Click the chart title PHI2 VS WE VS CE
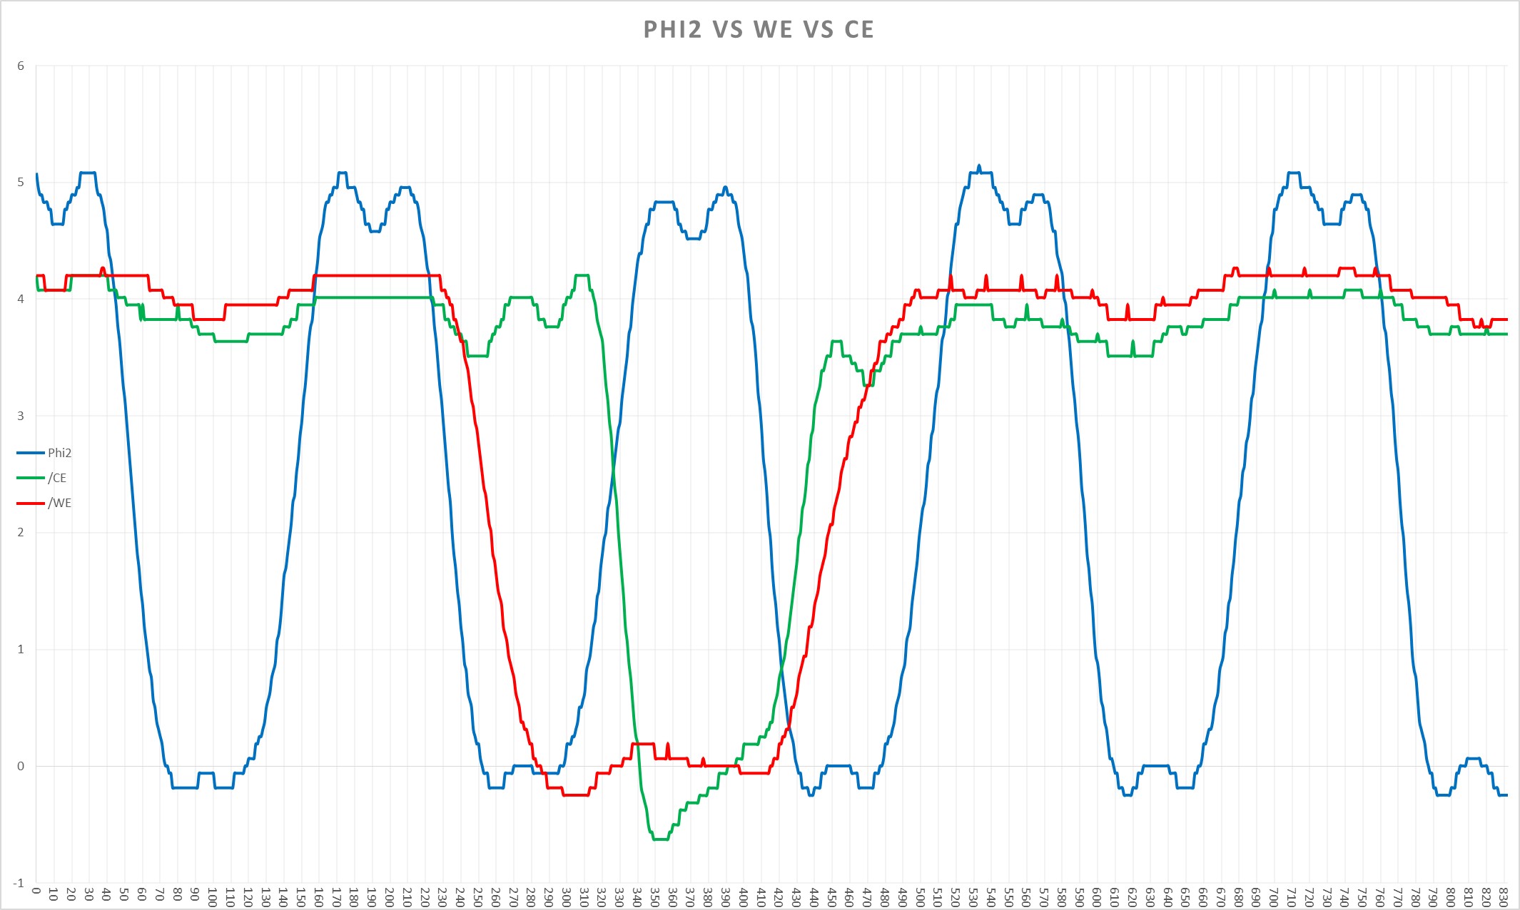759,29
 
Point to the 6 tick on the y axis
21,66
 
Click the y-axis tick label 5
21,183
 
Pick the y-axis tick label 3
21,416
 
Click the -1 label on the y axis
19,883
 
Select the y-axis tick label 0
21,766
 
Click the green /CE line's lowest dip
660,839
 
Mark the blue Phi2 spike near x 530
979,167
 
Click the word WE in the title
773,29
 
